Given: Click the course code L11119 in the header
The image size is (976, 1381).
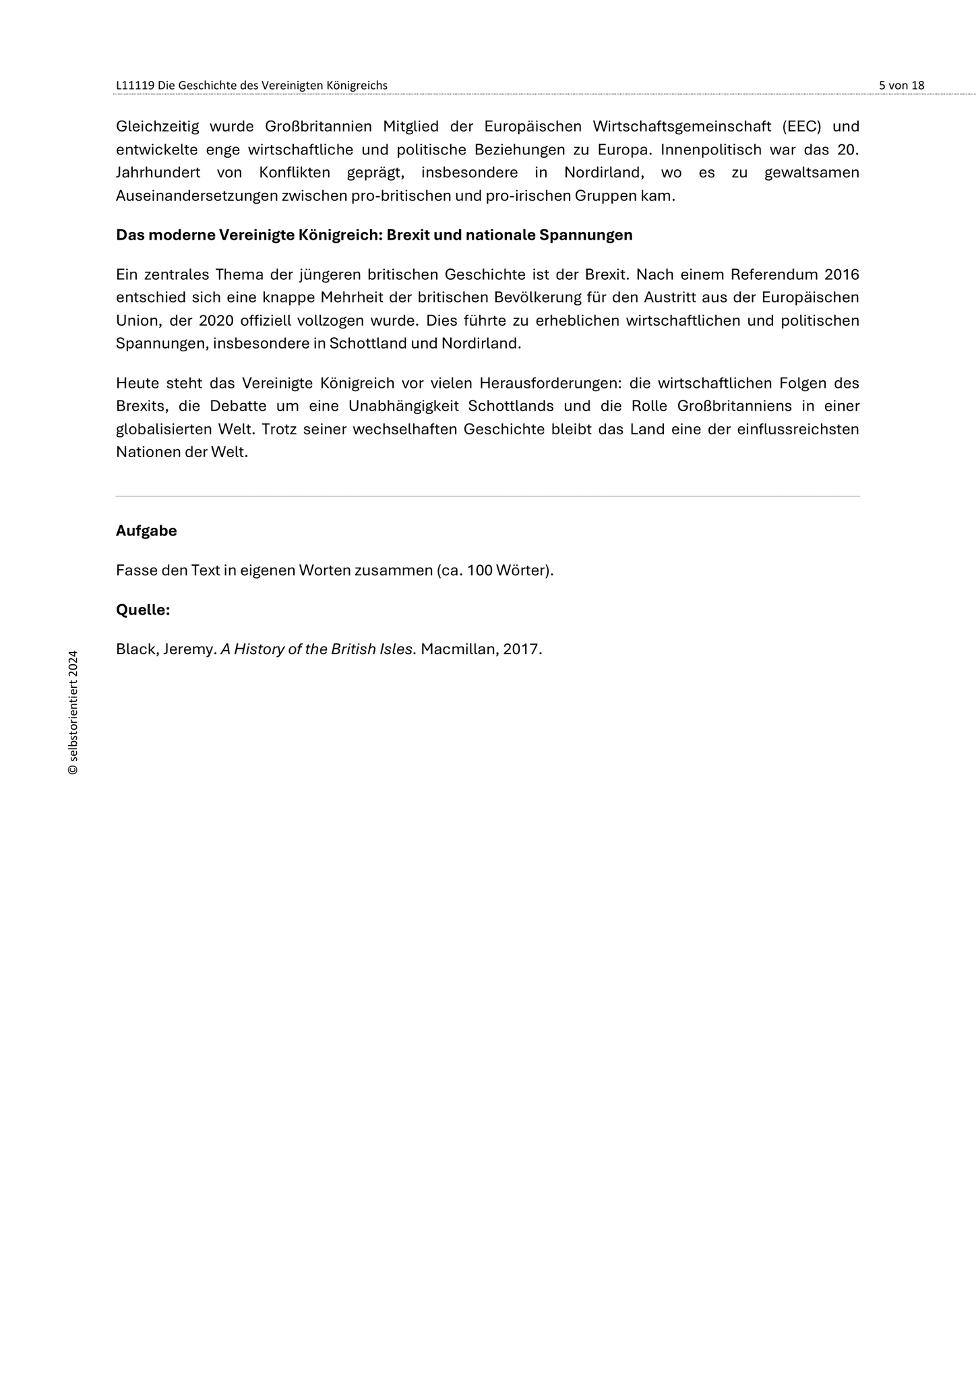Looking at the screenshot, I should [x=135, y=86].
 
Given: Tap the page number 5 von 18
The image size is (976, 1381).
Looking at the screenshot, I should [x=901, y=86].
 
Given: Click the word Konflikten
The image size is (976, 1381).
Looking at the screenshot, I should [x=294, y=173].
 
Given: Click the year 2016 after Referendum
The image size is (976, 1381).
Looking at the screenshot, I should [x=842, y=275].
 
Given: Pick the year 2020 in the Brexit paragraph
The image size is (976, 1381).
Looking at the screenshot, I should [x=216, y=321].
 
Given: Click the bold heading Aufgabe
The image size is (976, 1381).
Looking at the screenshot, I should [x=146, y=531].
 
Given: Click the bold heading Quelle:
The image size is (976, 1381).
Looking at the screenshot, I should [x=143, y=610].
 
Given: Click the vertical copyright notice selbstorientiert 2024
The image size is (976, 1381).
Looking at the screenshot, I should [x=73, y=712].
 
